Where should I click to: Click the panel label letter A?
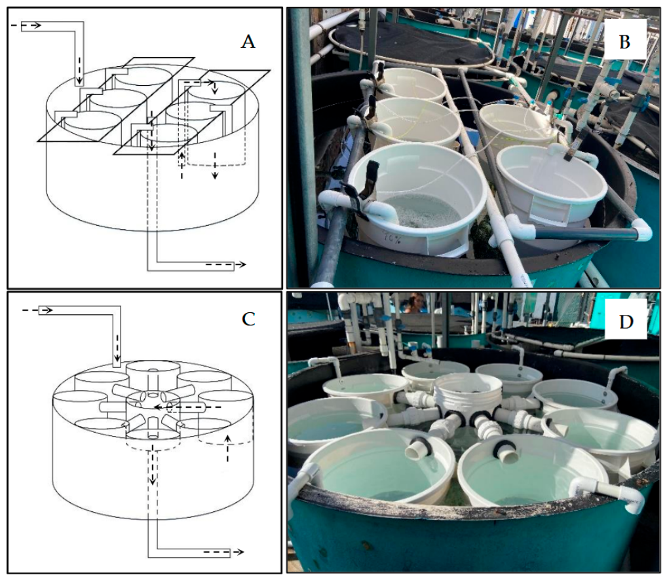[x=248, y=42]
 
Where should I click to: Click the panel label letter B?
[x=624, y=42]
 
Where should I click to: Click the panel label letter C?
[x=248, y=319]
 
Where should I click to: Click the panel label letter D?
[x=626, y=321]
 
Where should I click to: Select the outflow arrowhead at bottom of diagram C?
[x=239, y=552]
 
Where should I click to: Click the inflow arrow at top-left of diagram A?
[x=26, y=26]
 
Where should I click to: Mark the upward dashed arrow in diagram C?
[x=228, y=448]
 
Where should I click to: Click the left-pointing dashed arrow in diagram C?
[x=187, y=407]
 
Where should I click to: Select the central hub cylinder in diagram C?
[x=153, y=414]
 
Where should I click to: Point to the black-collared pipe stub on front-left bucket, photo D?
[x=419, y=448]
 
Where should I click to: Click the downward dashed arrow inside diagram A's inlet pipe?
[x=79, y=70]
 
